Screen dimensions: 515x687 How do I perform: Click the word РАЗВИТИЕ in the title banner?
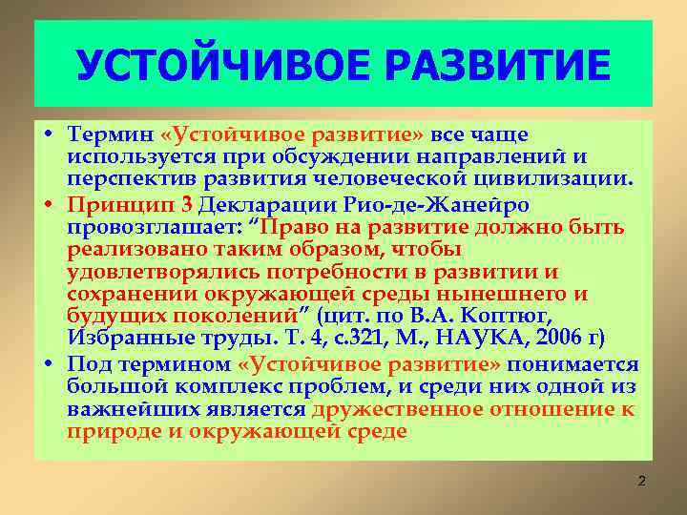pyautogui.click(x=495, y=66)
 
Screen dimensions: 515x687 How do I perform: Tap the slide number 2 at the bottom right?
pyautogui.click(x=641, y=482)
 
